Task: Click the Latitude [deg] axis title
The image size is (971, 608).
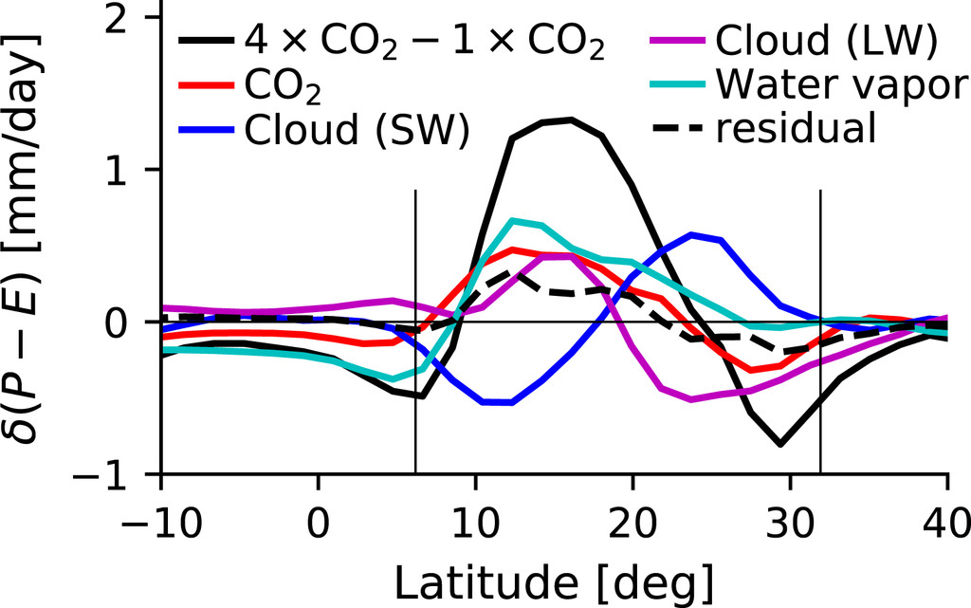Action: (x=555, y=578)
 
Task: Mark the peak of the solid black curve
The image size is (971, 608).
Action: (x=571, y=120)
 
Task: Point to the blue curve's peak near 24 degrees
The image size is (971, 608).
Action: (x=692, y=233)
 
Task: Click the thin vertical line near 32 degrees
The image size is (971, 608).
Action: (x=820, y=332)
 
